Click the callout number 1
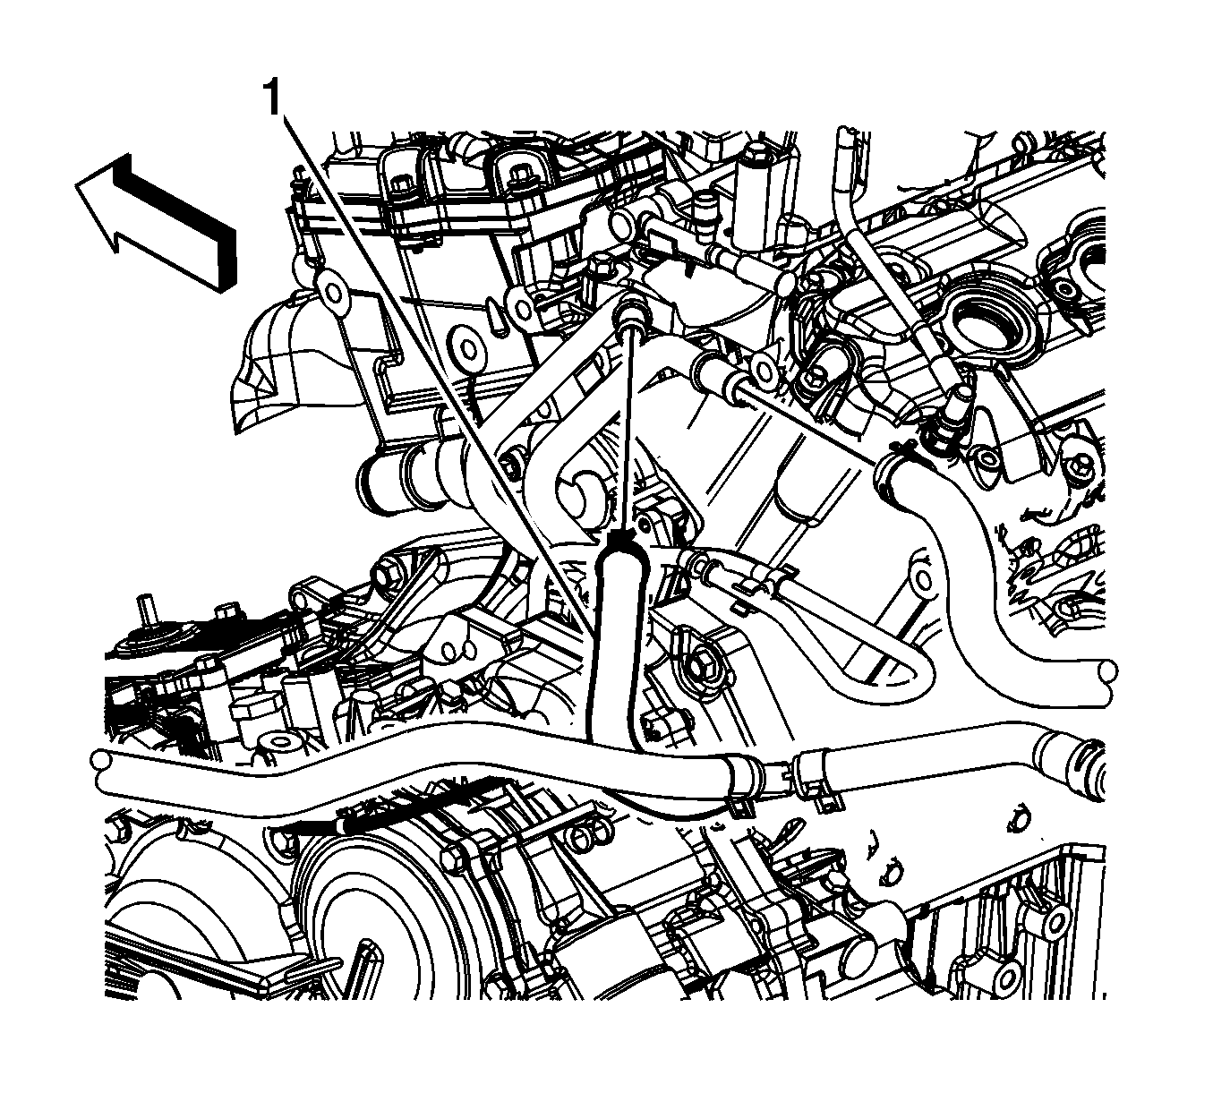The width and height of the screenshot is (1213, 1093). pos(272,98)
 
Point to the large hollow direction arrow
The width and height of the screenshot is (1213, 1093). pos(157,224)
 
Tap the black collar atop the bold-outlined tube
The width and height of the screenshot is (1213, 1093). pos(621,538)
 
